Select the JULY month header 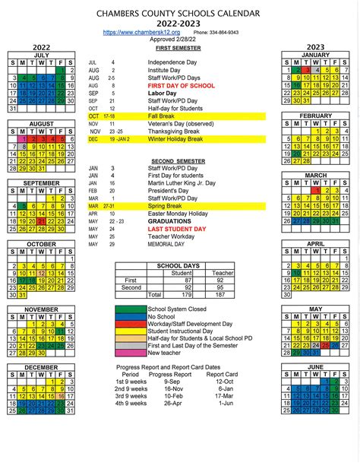click(42, 55)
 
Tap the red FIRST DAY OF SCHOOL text click(182, 87)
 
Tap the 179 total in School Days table click(181, 294)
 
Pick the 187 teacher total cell click(219, 294)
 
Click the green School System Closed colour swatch click(131, 309)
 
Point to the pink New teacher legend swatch click(131, 353)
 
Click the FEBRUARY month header click(316, 116)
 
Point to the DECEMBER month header click(42, 366)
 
